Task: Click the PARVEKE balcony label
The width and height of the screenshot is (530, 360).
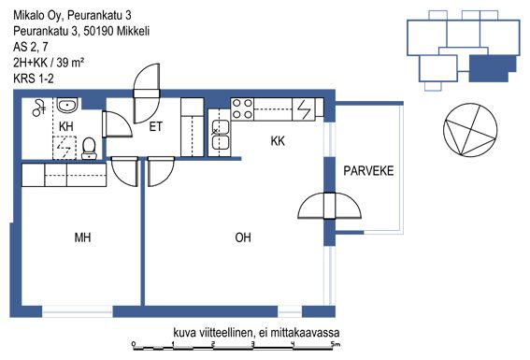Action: pos(368,171)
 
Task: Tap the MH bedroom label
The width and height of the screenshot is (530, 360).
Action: pos(82,238)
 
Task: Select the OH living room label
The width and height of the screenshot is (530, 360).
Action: pos(243,238)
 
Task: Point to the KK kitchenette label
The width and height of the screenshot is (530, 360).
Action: pos(278,141)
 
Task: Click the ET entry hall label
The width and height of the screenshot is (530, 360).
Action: pos(155,127)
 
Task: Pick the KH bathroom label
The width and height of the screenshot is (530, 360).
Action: pos(66,126)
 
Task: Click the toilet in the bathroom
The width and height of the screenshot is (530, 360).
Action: pos(89,148)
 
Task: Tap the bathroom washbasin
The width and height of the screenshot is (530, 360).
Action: pos(67,105)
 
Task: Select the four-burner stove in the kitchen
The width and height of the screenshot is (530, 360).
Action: pos(243,109)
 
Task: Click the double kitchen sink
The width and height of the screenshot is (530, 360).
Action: pos(220,137)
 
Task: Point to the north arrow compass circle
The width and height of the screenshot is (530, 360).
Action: pos(470,130)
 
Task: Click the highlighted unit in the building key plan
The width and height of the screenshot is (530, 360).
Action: pos(492,68)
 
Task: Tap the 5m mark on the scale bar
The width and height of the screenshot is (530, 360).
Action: pos(336,344)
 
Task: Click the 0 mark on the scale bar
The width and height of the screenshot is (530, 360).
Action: pos(134,344)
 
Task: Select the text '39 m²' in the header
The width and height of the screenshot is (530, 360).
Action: pos(70,63)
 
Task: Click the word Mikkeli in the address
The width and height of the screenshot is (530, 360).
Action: pos(133,31)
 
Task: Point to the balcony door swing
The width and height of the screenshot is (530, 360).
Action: pos(329,206)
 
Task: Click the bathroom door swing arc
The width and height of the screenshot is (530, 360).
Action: pos(118,124)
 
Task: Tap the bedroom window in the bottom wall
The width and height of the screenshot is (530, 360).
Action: pos(77,311)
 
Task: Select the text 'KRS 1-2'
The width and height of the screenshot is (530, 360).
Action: pos(34,79)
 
